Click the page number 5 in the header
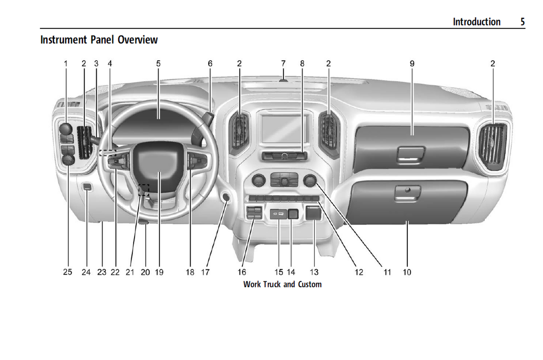pos(522,22)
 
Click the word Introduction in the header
pos(476,22)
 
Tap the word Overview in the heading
pos(138,40)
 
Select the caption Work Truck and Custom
pos(282,284)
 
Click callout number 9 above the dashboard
pos(412,64)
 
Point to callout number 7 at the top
pos(283,64)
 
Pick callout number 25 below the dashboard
pos(68,272)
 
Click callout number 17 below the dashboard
pos(205,272)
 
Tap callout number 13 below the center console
pos(314,272)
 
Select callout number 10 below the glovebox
pos(407,272)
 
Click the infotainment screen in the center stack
pos(284,128)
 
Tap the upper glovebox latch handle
pos(411,153)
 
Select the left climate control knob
pos(258,181)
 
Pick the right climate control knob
pos(309,181)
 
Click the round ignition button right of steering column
pos(225,197)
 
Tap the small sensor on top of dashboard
pos(283,80)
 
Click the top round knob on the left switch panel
pos(66,129)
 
